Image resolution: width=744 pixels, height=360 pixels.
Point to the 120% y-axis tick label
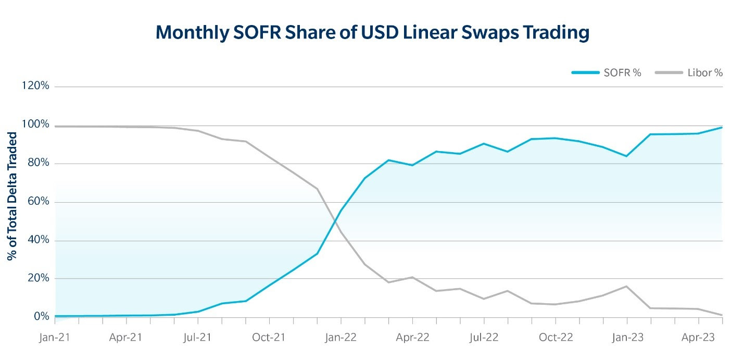pos(35,86)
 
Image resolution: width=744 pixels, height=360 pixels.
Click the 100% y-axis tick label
pos(35,125)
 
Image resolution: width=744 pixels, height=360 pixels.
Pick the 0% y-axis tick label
pos(40,317)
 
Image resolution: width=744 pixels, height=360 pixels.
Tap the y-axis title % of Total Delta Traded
pos(11,196)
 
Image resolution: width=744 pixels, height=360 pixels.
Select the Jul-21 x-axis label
pos(198,337)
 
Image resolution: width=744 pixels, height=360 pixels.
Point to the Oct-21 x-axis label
pos(269,337)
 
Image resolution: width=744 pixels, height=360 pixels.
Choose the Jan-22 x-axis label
pos(341,337)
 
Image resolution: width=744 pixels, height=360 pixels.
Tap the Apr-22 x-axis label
pos(412,337)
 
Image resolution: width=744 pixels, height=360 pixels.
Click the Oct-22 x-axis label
pos(556,337)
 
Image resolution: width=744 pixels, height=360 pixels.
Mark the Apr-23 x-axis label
pos(699,337)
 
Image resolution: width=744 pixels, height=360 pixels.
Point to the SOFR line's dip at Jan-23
pos(627,156)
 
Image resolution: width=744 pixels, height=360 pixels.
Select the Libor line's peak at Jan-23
pos(627,286)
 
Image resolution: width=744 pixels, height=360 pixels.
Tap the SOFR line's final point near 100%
pos(722,127)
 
